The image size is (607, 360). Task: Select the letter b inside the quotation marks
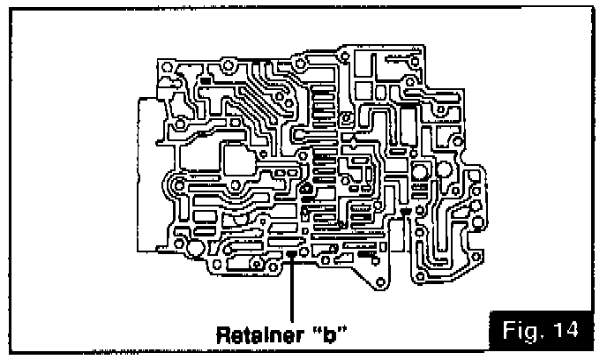[x=328, y=335]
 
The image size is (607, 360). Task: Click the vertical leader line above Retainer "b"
[x=292, y=291]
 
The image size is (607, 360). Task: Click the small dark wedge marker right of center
[x=405, y=212]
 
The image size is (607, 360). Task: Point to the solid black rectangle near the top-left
[x=205, y=81]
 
